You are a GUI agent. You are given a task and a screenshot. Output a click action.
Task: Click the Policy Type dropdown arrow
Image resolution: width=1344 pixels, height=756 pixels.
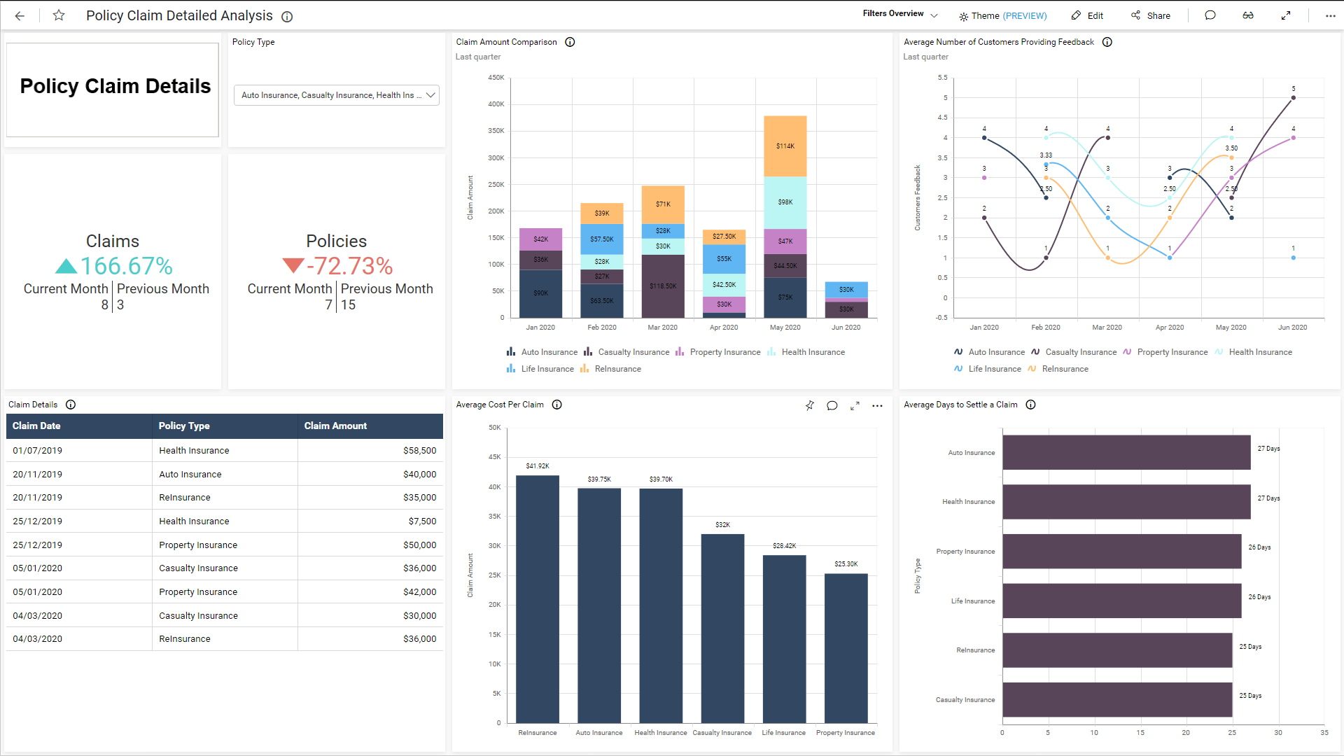pos(430,95)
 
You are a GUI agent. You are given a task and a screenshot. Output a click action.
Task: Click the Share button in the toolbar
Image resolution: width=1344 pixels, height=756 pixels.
pos(1151,15)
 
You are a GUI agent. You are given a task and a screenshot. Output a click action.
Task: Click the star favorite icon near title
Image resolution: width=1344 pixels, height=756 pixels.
pos(59,15)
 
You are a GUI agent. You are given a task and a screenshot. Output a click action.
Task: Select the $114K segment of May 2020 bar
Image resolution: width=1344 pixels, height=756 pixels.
pos(785,146)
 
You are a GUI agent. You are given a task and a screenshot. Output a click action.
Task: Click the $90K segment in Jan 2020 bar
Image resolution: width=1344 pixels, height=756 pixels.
pos(540,293)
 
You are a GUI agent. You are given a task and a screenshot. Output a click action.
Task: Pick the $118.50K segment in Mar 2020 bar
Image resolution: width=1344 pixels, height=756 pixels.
pos(663,286)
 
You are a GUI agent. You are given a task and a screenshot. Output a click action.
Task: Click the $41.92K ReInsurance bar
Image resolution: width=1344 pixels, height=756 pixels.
pos(538,598)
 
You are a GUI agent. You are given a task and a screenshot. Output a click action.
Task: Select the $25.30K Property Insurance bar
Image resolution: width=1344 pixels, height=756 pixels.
pos(846,647)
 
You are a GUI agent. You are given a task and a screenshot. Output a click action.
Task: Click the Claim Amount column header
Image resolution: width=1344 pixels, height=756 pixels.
pos(335,426)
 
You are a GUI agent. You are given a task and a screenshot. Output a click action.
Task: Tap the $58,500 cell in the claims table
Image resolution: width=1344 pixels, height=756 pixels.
pos(419,451)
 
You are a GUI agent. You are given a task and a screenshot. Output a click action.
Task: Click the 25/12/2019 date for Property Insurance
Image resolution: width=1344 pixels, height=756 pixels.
pos(37,545)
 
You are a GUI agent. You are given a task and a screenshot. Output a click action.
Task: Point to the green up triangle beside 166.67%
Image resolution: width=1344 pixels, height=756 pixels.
pos(66,266)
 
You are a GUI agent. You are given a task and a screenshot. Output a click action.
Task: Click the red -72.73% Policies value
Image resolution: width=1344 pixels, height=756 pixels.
pos(349,266)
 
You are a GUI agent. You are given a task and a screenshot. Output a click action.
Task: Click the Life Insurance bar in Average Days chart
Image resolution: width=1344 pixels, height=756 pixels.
pos(1121,601)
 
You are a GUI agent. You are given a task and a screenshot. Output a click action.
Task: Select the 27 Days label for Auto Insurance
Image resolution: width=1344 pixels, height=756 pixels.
pos(1268,449)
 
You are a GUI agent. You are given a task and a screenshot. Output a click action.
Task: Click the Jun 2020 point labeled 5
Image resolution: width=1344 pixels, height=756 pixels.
pos(1293,97)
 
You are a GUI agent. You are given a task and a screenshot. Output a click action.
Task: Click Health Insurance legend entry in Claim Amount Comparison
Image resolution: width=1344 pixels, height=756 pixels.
pos(812,352)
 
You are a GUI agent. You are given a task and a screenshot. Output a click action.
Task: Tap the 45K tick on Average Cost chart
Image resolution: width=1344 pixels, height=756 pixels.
pos(494,457)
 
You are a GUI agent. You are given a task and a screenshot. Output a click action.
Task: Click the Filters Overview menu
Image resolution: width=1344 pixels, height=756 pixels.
pos(899,14)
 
